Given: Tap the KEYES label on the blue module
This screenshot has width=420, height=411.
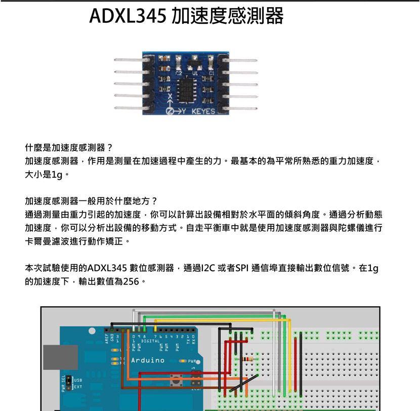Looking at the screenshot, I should [x=203, y=111].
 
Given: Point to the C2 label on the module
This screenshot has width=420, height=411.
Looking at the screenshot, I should [x=179, y=74].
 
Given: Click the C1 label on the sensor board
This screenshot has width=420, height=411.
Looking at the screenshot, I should [x=211, y=74].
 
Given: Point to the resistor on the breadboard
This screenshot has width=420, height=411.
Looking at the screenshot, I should [x=247, y=359].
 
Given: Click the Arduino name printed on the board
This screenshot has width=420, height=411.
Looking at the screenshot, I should [x=148, y=360].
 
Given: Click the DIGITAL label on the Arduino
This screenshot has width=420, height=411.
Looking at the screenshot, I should [x=150, y=342].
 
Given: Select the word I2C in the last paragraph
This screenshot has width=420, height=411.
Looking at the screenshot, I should [x=208, y=268].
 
